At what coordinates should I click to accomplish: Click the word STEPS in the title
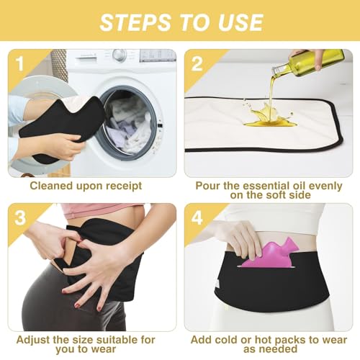point(135,22)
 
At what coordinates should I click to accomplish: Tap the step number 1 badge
point(19,63)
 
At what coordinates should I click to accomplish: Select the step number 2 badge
point(197,64)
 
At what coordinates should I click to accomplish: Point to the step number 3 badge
point(20,217)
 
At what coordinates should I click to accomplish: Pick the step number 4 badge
point(197,217)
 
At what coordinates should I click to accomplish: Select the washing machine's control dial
point(120,55)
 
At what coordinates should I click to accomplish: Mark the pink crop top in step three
point(101,210)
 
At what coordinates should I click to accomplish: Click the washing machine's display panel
point(157,55)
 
